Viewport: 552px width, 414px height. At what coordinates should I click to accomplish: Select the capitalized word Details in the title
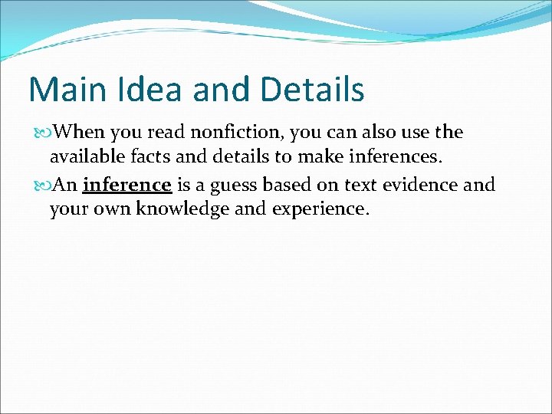coord(312,90)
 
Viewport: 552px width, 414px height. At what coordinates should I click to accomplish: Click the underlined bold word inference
coord(127,185)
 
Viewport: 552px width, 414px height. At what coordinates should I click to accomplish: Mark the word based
coord(290,185)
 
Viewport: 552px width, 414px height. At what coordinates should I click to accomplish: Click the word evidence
coord(420,185)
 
